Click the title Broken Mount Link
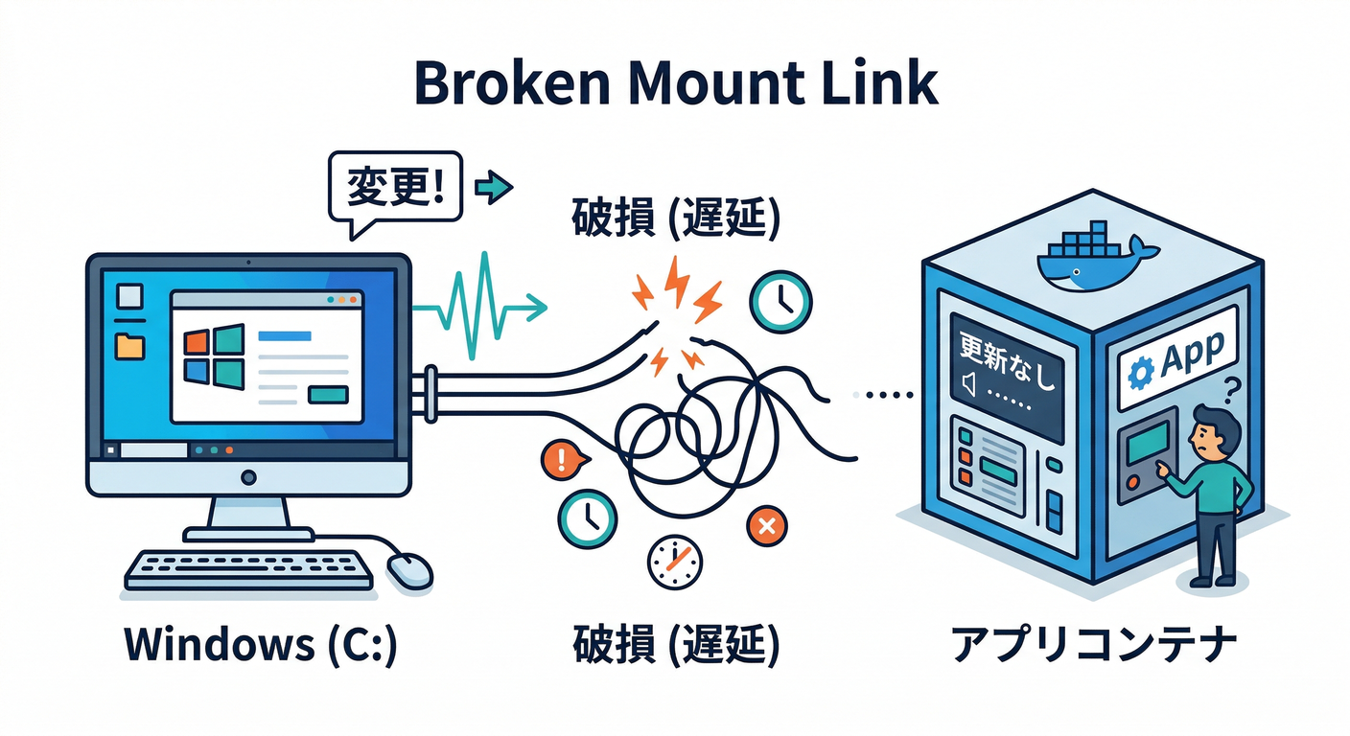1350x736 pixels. tap(675, 84)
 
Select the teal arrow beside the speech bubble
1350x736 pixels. tap(495, 187)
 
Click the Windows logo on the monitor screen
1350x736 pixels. tap(213, 355)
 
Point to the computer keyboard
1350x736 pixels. tap(249, 568)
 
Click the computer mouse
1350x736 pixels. tap(409, 570)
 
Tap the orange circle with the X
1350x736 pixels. tap(766, 524)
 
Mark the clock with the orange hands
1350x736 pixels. tap(674, 562)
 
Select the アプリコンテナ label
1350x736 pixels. tap(1093, 645)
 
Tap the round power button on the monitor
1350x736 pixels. tap(249, 476)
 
